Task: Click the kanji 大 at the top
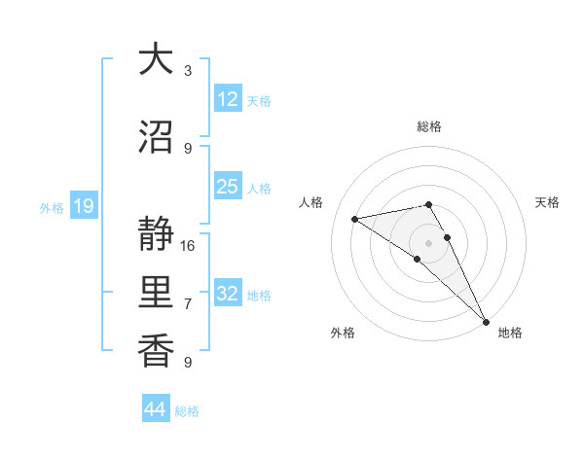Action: (x=156, y=59)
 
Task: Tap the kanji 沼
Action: (x=156, y=137)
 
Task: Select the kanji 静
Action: (x=156, y=234)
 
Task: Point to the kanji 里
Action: (x=156, y=293)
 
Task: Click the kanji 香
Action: (x=156, y=351)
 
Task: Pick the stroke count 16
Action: (x=188, y=245)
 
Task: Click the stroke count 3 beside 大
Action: (x=188, y=70)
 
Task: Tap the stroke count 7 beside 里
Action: (x=188, y=303)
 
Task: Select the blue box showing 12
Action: (x=228, y=98)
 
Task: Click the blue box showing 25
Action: (x=228, y=187)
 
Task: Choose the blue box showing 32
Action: (x=228, y=294)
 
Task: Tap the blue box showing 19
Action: (x=83, y=206)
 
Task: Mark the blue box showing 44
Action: (x=155, y=409)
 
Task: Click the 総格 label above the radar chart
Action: (x=428, y=126)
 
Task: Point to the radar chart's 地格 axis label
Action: (x=510, y=333)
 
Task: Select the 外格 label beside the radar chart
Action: (x=343, y=333)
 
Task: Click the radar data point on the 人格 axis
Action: (x=355, y=219)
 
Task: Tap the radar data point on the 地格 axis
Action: (x=486, y=321)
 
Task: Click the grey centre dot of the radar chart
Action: (x=428, y=242)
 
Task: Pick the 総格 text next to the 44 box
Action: (x=188, y=411)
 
